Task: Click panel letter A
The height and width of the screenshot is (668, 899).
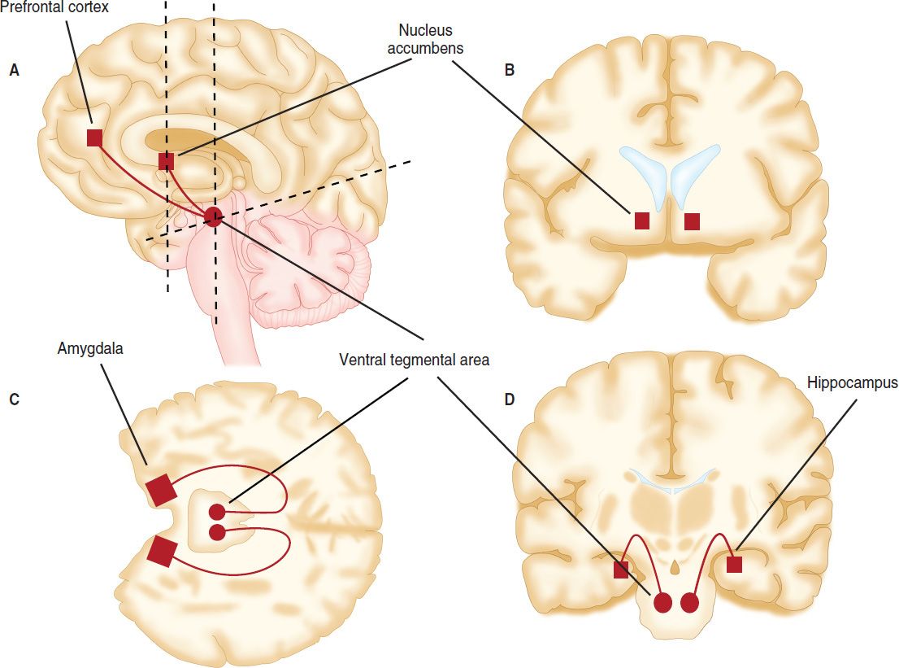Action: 14,71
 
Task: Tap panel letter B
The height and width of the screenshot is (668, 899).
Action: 510,71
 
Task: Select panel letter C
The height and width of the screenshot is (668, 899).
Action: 14,399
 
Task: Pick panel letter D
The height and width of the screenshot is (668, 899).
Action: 510,399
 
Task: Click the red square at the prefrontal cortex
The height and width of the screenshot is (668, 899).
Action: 94,138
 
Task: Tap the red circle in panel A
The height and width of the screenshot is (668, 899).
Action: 213,216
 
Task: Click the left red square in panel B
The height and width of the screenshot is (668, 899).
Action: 641,220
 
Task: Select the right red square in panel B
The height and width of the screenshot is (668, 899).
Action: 692,220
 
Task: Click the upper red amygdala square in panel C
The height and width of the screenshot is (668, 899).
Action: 160,490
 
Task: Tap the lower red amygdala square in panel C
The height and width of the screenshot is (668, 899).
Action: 161,551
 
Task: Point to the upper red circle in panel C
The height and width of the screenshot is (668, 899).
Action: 217,512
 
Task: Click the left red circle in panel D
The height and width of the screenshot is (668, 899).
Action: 663,603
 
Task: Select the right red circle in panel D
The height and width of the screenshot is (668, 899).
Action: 690,603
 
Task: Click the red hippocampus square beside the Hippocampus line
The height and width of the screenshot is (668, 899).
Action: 734,564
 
